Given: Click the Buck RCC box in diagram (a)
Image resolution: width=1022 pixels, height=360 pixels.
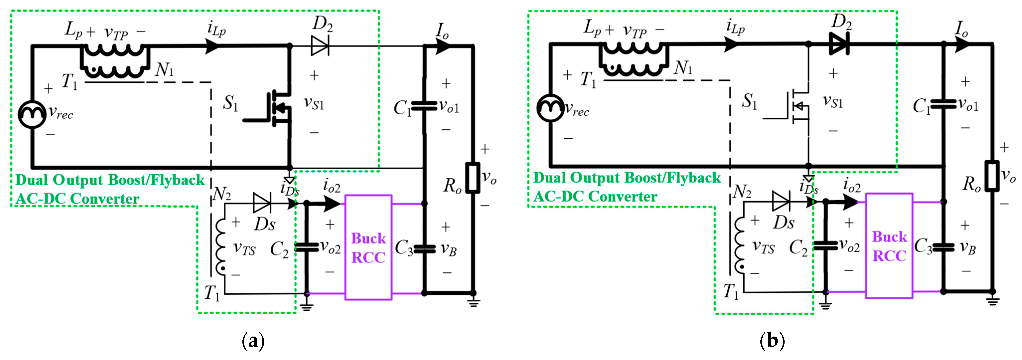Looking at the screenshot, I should (368, 247).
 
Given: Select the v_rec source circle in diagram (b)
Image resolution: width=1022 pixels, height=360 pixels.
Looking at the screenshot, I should (551, 107).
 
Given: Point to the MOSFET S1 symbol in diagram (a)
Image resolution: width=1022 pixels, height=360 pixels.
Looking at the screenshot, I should (278, 108).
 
